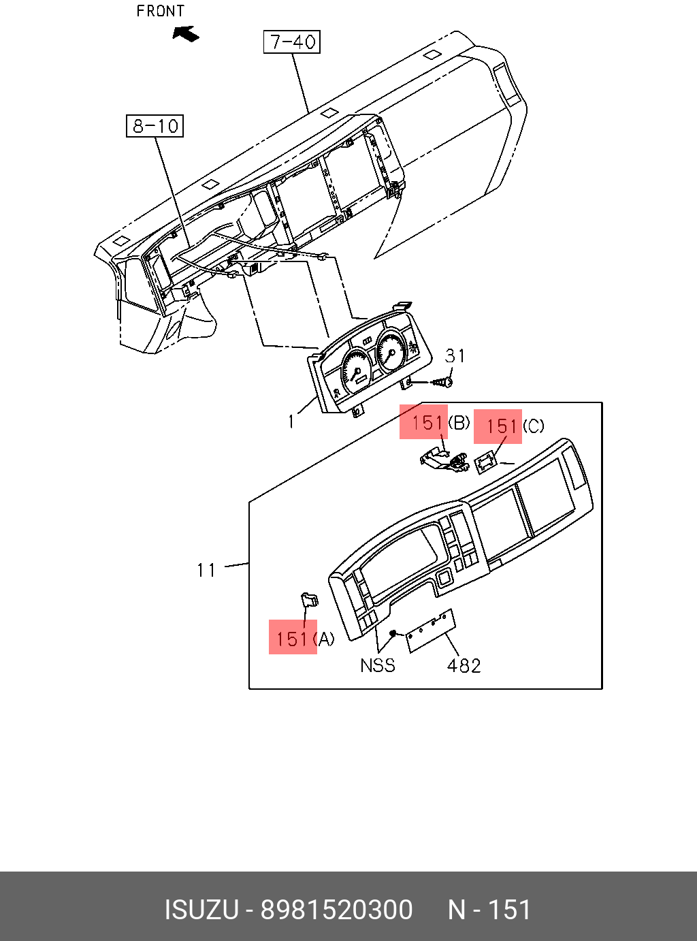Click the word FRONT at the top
[x=161, y=11]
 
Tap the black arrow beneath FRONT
[x=186, y=34]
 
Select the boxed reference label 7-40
[x=292, y=42]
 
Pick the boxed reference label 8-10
[x=155, y=126]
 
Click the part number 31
[x=455, y=355]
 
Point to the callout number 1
[x=291, y=421]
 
